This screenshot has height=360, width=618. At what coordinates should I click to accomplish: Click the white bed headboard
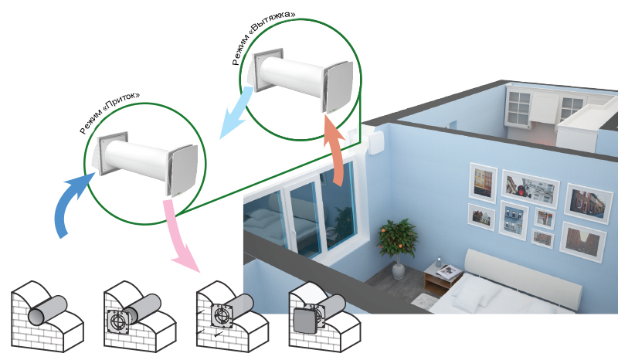(x=525, y=274)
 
